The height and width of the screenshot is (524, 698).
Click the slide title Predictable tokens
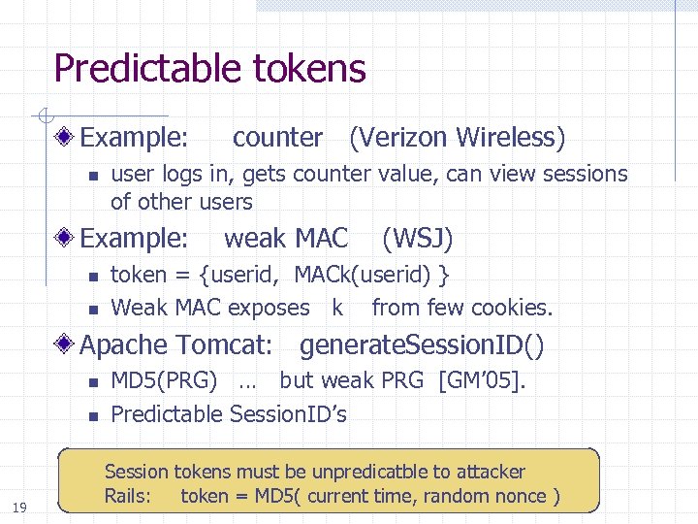pyautogui.click(x=209, y=69)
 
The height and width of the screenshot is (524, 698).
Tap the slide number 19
pyautogui.click(x=18, y=506)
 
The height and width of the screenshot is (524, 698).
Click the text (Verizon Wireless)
pyautogui.click(x=457, y=138)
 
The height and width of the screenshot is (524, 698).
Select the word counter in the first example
pyautogui.click(x=277, y=138)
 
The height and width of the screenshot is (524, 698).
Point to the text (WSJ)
pyautogui.click(x=418, y=238)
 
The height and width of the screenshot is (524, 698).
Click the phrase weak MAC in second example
pyautogui.click(x=286, y=238)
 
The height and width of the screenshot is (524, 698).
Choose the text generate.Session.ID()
pyautogui.click(x=422, y=344)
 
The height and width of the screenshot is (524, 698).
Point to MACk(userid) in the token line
pyautogui.click(x=362, y=276)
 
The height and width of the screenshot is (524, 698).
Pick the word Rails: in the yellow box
pyautogui.click(x=128, y=497)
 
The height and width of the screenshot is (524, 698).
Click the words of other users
pyautogui.click(x=181, y=203)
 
